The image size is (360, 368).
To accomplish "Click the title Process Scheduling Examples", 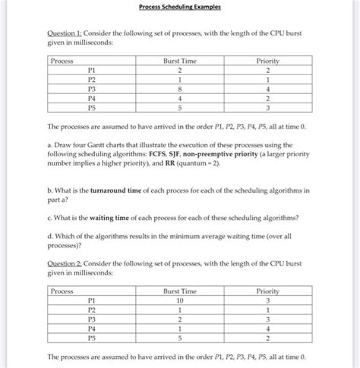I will [x=179, y=8].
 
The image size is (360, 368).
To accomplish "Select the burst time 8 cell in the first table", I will [x=179, y=87].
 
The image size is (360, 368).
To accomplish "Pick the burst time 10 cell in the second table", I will [x=179, y=301].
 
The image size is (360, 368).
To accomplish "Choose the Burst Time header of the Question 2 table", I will [x=179, y=291].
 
